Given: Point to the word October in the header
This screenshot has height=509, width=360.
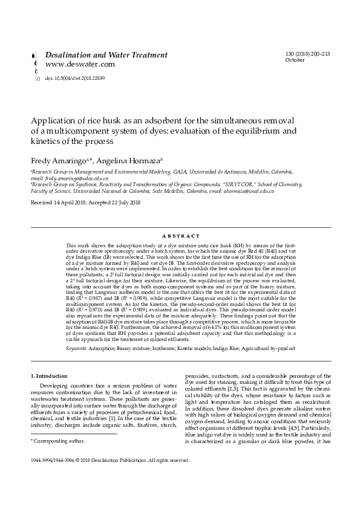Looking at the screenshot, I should click(294, 60).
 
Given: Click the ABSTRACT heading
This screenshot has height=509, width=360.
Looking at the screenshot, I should click(180, 235).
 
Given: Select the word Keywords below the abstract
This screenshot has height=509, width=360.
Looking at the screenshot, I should click(77, 349).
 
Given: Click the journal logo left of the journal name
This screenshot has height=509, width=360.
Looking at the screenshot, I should click(38, 66).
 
